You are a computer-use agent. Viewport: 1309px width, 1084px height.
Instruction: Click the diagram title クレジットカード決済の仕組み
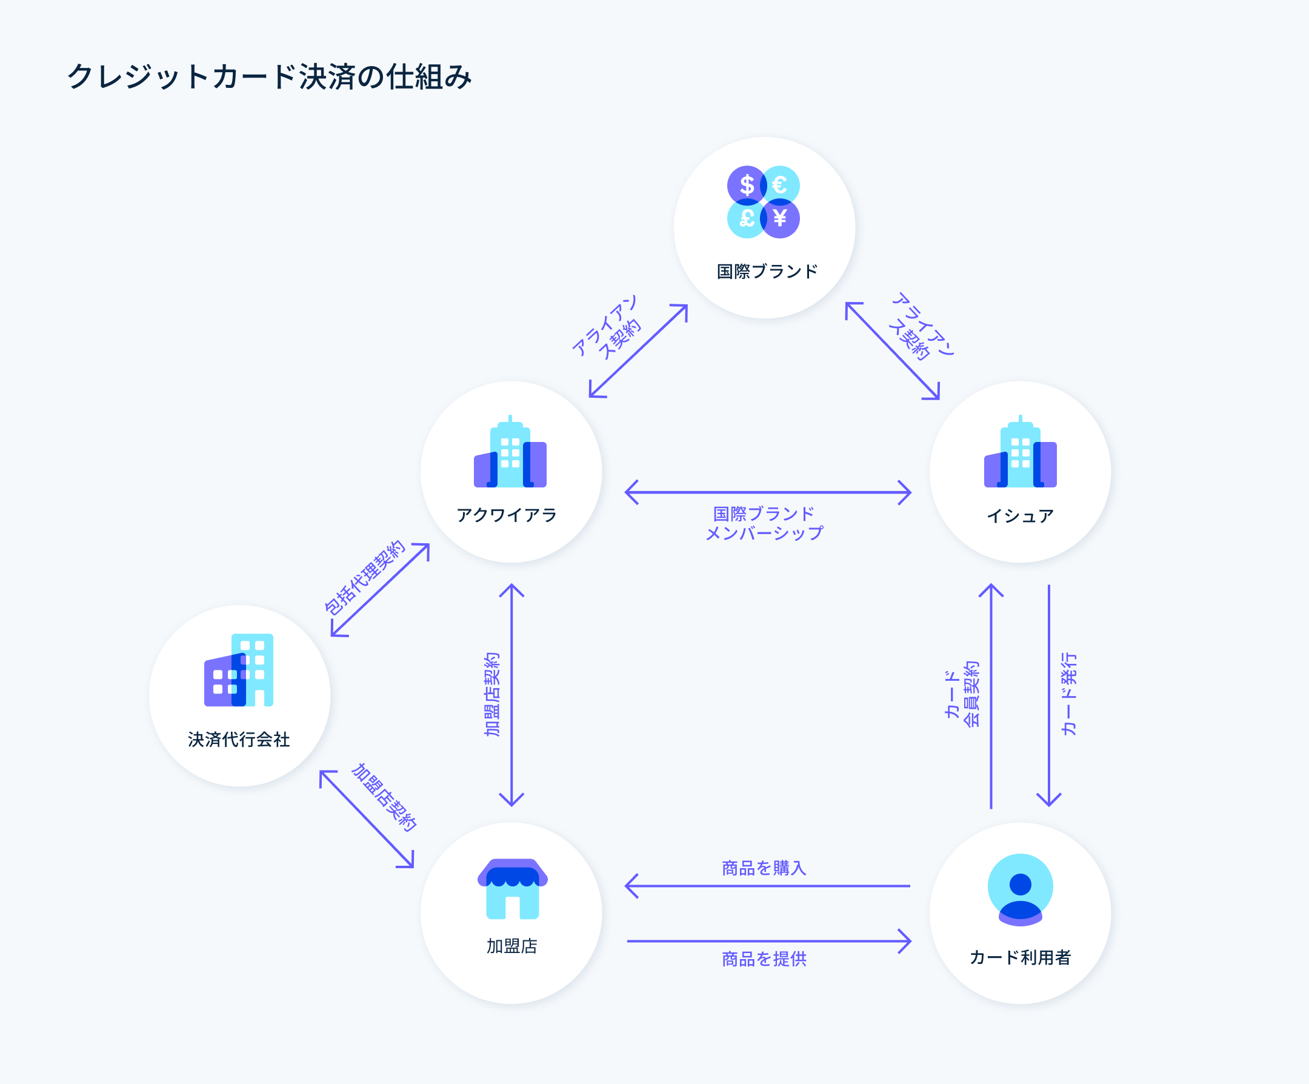click(x=269, y=77)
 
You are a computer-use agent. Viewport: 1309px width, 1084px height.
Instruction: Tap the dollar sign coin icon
click(x=746, y=186)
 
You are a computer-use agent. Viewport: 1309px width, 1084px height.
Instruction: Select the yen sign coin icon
click(x=780, y=218)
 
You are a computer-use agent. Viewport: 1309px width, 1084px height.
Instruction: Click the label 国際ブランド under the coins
click(x=767, y=272)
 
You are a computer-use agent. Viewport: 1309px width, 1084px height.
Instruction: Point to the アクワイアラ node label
click(x=507, y=515)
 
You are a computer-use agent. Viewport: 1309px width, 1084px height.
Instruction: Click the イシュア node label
click(x=1020, y=516)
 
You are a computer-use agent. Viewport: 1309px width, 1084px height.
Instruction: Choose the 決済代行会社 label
click(x=239, y=740)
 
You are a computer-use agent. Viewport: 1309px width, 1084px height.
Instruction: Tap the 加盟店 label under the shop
click(x=511, y=946)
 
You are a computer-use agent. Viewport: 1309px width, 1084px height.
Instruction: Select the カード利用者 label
click(x=1020, y=957)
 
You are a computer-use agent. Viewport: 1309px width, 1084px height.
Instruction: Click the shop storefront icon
click(x=512, y=889)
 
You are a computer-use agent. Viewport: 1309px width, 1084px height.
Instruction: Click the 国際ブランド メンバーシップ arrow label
click(x=764, y=523)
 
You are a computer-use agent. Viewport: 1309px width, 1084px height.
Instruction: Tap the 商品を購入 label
click(x=764, y=868)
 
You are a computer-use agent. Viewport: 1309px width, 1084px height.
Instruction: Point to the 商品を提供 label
click(x=764, y=959)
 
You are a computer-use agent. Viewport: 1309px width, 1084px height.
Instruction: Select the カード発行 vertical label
click(x=1069, y=694)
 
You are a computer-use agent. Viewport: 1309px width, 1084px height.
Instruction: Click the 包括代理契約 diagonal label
click(x=365, y=577)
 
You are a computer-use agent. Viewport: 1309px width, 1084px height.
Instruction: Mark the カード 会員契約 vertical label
click(x=962, y=694)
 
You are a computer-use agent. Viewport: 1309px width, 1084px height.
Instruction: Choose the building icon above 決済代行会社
click(x=239, y=671)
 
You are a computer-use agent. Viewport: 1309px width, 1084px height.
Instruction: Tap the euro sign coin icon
click(x=780, y=186)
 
